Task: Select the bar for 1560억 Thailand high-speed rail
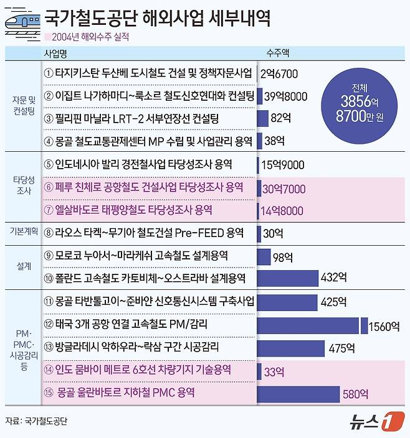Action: [308, 325]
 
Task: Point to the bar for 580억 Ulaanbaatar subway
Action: [298, 394]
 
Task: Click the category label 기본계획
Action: [22, 233]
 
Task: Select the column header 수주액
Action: [277, 54]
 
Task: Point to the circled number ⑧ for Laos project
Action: [50, 233]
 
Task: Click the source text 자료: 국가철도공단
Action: [36, 421]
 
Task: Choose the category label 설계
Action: [22, 266]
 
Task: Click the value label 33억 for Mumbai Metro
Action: [274, 371]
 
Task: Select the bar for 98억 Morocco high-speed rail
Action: [264, 256]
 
